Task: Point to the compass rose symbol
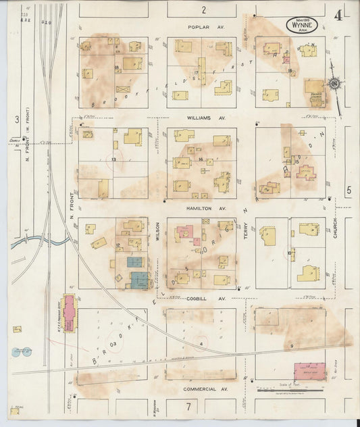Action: (x=333, y=84)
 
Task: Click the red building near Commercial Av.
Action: (x=311, y=371)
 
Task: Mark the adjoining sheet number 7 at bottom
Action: (x=190, y=405)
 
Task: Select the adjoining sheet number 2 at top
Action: (x=202, y=9)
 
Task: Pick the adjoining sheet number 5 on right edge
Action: (x=349, y=191)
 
